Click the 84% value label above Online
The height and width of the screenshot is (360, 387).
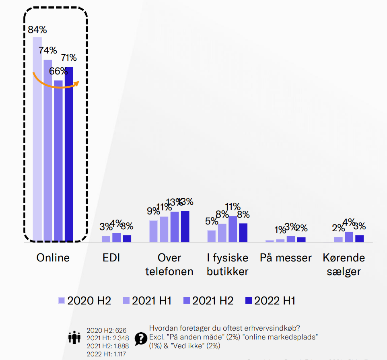click(x=37, y=30)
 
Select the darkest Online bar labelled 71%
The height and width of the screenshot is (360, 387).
click(x=69, y=154)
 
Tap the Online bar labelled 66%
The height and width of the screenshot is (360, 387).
click(x=58, y=161)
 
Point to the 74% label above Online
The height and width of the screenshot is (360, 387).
click(x=48, y=50)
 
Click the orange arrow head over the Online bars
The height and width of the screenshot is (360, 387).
click(x=77, y=83)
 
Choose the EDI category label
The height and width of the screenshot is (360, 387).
click(x=111, y=258)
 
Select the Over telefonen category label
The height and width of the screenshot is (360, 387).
click(x=169, y=264)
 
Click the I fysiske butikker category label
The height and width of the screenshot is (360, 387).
click(x=228, y=264)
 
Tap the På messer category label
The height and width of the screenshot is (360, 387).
click(x=286, y=258)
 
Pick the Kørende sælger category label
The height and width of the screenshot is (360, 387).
click(x=344, y=264)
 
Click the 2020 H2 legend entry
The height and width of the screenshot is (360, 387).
click(x=84, y=300)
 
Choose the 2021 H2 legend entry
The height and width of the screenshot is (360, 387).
click(x=208, y=300)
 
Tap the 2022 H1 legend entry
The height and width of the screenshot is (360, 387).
click(x=270, y=300)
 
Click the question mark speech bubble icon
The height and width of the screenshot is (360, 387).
click(x=140, y=339)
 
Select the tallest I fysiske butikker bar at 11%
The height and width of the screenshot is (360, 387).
click(x=233, y=229)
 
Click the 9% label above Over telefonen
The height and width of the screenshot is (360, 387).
click(x=153, y=211)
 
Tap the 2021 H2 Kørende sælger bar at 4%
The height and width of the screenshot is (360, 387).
click(x=349, y=237)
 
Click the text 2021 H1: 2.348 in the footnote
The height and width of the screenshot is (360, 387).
click(x=108, y=338)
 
